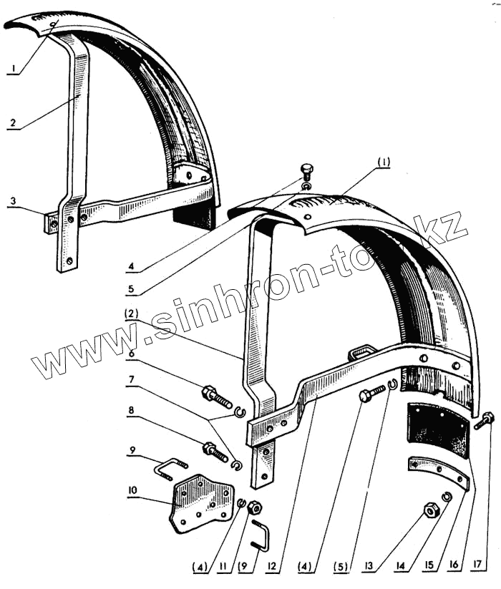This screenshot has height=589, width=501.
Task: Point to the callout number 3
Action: point(13,203)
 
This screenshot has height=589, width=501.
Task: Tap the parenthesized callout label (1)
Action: point(384,161)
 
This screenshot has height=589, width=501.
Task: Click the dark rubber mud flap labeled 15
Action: point(436,429)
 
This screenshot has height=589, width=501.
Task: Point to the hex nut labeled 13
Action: point(432,510)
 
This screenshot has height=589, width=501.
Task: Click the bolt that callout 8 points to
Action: point(215,451)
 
